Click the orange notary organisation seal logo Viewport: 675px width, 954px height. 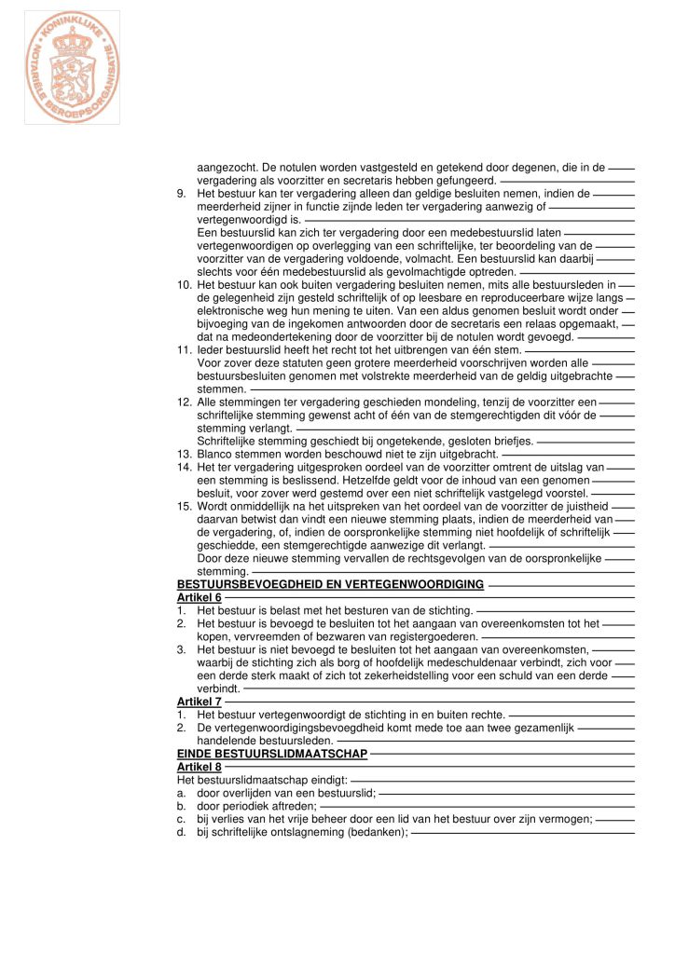72,67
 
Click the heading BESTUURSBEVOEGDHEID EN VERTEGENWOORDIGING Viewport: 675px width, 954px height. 330,584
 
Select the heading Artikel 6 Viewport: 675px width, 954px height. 199,597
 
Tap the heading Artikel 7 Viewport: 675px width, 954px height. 199,702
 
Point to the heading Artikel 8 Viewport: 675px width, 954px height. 199,767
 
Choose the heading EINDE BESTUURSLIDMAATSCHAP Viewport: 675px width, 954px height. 272,754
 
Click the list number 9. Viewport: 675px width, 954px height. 182,194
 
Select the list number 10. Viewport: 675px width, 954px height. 184,284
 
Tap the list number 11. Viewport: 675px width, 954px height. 184,349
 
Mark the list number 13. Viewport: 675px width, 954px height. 184,454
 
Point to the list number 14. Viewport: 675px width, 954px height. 184,467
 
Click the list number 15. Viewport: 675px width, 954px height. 184,506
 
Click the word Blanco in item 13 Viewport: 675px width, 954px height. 215,454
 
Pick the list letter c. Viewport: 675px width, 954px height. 181,819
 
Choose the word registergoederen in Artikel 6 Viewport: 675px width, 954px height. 433,636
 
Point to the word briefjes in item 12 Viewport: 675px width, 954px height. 512,441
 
